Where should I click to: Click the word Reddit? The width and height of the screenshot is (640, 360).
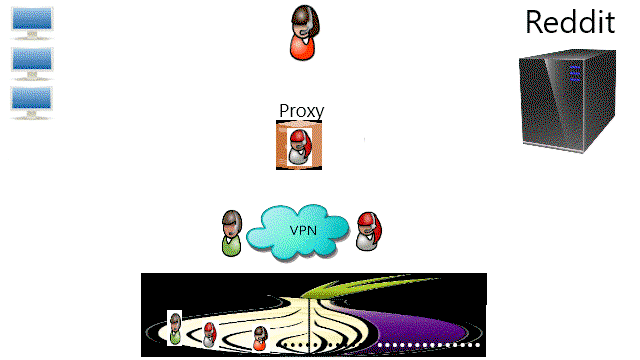(570, 22)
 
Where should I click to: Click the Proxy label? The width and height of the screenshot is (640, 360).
(302, 111)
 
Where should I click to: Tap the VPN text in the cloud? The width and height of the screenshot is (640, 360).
(303, 230)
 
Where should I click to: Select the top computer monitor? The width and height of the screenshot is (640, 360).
(32, 23)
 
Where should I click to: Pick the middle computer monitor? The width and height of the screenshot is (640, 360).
(32, 63)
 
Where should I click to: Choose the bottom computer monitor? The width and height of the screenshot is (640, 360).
(31, 102)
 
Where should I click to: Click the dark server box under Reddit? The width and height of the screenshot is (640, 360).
(568, 101)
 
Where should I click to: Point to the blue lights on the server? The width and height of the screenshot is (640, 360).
(575, 73)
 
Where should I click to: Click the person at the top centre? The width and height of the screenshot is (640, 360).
(304, 33)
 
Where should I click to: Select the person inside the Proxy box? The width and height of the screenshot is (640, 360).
(300, 147)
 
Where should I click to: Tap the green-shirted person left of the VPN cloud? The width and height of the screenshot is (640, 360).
(231, 233)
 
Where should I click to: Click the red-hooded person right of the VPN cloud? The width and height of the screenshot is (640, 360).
(369, 231)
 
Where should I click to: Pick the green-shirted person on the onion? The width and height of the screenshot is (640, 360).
(175, 328)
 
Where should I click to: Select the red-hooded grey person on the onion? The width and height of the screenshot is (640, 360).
(209, 335)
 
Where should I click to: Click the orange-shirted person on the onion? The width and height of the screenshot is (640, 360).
(260, 338)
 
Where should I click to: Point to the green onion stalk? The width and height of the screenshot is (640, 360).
(367, 286)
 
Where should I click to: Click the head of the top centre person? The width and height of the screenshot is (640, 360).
(305, 21)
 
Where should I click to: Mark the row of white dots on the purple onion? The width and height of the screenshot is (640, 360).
(429, 345)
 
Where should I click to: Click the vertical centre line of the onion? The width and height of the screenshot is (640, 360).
(309, 327)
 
